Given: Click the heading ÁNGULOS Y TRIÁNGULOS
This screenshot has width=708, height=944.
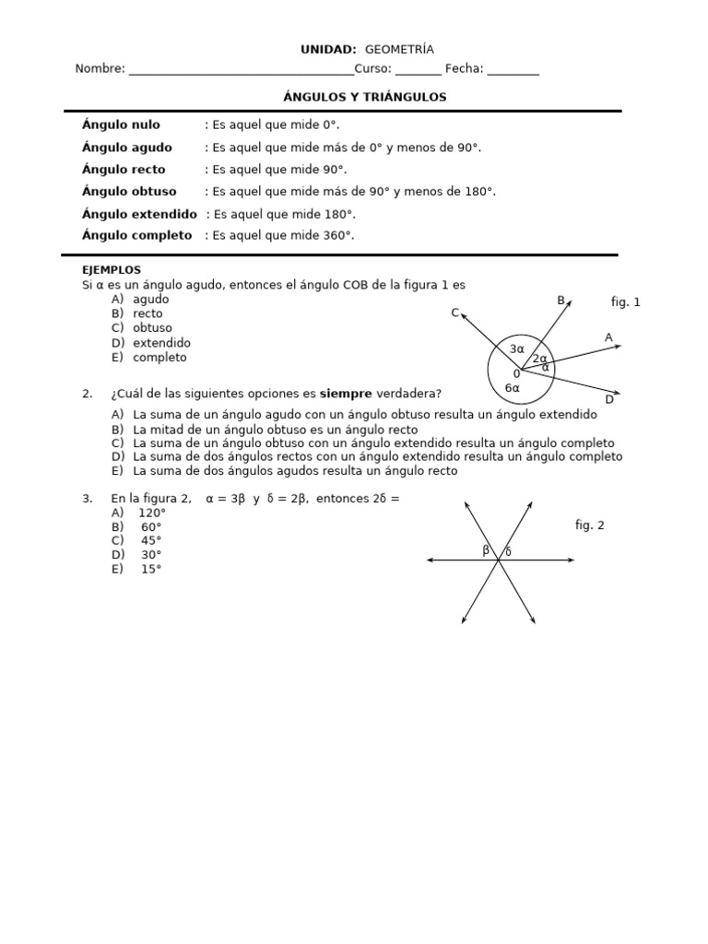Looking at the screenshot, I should point(363,97).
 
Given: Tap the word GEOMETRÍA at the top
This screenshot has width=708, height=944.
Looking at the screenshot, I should point(399,50).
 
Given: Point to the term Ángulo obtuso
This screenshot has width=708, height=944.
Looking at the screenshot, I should point(129,192).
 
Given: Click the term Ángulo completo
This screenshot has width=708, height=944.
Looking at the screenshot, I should point(136,235).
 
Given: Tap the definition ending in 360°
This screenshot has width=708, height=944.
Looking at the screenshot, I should point(283,235).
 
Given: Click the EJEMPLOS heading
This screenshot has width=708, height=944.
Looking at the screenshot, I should point(112,270).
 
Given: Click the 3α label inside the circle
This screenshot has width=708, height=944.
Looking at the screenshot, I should point(516,349).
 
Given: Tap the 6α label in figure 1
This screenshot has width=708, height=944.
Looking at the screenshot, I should point(513,388).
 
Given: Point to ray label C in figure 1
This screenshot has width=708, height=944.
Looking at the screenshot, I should point(454,313).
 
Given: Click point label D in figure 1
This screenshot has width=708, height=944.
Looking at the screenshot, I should point(609,399).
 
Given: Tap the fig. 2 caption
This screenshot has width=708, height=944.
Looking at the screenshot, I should point(589,525).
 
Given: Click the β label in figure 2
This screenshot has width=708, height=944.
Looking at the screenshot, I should point(486,550).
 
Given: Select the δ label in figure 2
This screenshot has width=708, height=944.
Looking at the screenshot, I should point(508,551).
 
